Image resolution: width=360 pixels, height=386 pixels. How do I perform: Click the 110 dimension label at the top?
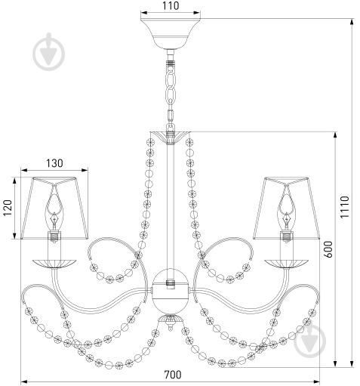click(x=171, y=5)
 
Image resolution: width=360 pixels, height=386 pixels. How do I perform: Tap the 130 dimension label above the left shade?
click(x=54, y=163)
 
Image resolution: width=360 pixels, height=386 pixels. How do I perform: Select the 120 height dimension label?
click(x=8, y=208)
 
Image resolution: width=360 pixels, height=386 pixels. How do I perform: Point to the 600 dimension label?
click(x=328, y=249)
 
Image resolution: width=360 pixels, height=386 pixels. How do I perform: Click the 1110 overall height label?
click(x=345, y=207)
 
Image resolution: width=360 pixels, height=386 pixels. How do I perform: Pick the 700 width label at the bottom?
click(x=173, y=375)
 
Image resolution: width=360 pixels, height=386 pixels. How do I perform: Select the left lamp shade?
click(x=54, y=208)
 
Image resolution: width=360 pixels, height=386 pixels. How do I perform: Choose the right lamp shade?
click(x=287, y=208)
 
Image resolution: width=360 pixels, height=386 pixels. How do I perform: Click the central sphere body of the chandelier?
click(x=171, y=291)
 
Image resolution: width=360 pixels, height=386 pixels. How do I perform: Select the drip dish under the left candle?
click(x=54, y=264)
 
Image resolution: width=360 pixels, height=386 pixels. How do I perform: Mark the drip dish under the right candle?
click(x=286, y=264)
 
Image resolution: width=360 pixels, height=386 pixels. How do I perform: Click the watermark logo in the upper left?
click(x=48, y=52)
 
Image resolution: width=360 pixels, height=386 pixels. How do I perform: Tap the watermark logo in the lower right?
click(x=309, y=341)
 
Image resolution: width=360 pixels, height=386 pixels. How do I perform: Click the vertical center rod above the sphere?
click(x=171, y=206)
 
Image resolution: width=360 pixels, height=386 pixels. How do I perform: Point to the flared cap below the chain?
click(x=171, y=137)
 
